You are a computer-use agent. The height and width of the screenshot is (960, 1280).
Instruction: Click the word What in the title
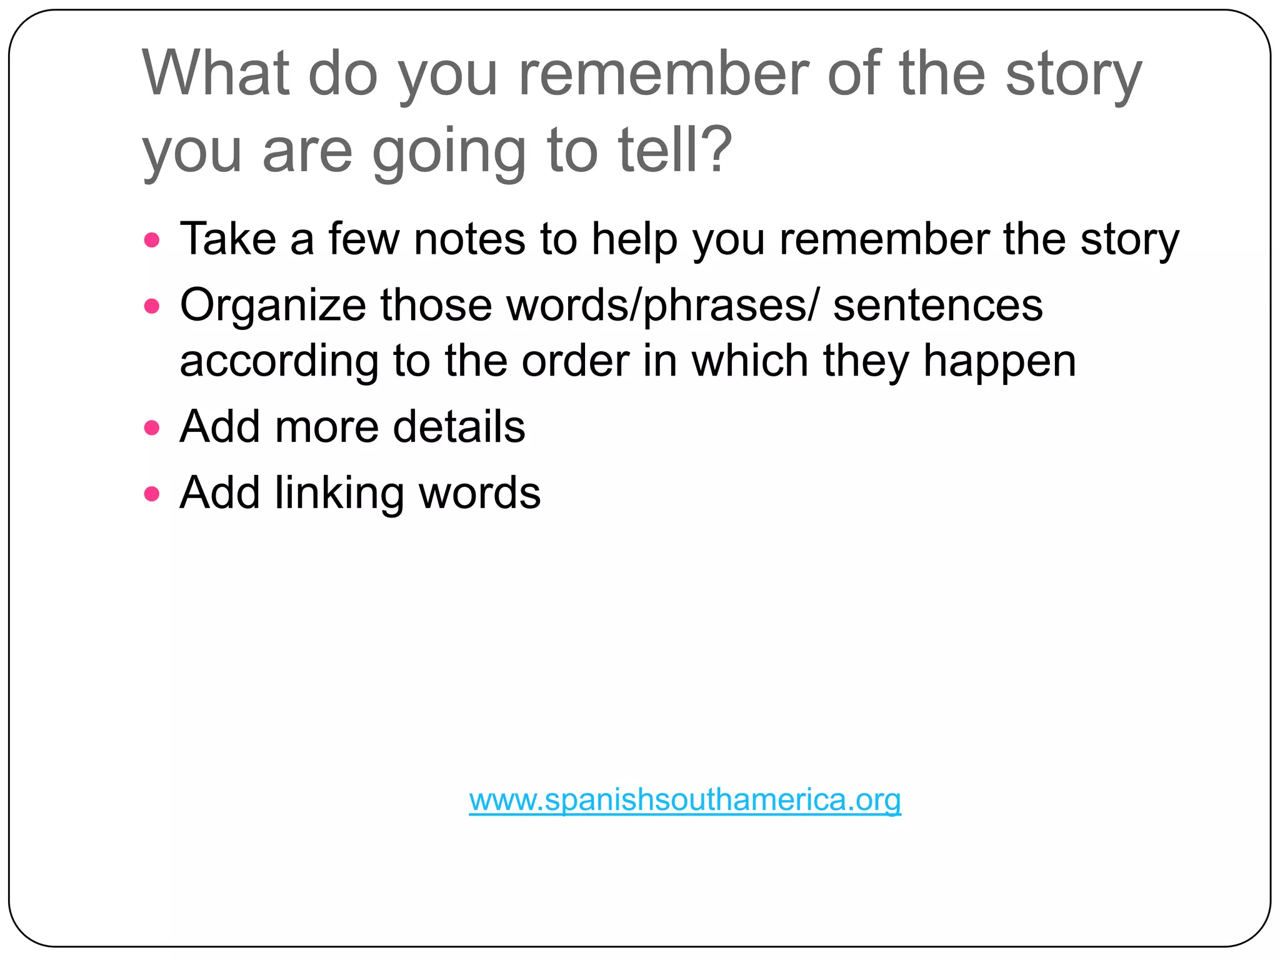216,73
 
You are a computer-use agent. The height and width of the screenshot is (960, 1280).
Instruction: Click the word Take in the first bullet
227,239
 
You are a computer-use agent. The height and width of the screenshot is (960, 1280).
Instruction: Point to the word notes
469,239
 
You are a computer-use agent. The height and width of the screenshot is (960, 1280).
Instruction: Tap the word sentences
937,305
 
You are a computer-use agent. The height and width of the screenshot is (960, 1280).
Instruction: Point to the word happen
999,362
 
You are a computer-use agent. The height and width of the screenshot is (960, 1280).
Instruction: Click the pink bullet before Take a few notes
152,240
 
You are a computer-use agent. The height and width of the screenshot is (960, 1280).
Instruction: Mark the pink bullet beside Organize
152,306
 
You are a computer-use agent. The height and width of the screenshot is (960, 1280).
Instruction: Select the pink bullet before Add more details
152,428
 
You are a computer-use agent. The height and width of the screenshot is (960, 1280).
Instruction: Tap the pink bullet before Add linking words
152,494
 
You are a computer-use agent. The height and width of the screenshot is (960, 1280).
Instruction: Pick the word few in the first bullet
364,239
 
